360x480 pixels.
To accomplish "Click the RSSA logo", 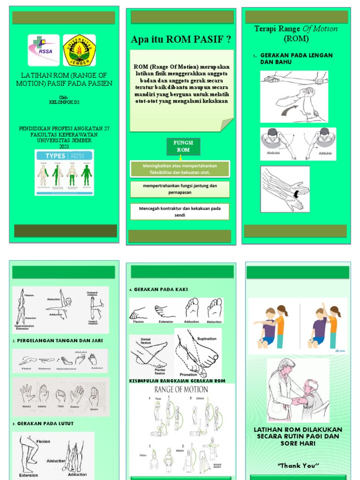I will click(x=44, y=50).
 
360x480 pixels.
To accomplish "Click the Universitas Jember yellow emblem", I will click(x=79, y=50).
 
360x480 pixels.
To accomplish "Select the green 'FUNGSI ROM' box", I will click(x=183, y=146).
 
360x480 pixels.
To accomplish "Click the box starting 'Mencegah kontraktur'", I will click(x=180, y=211).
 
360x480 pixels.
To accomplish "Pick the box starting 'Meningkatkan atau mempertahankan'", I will click(x=180, y=169).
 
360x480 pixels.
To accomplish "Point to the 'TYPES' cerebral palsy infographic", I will click(x=64, y=172).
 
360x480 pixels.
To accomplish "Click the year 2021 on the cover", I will click(x=64, y=146).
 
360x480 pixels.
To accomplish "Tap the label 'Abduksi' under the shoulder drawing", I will click(x=273, y=152).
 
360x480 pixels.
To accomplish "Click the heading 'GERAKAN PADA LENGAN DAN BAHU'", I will click(x=296, y=58).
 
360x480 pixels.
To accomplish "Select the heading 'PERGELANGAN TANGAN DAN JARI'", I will click(x=60, y=340).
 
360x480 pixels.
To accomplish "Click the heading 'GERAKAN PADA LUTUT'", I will click(x=45, y=423).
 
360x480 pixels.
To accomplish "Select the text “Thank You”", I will click(x=298, y=465).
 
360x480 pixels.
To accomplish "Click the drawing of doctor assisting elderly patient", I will click(x=297, y=390).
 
